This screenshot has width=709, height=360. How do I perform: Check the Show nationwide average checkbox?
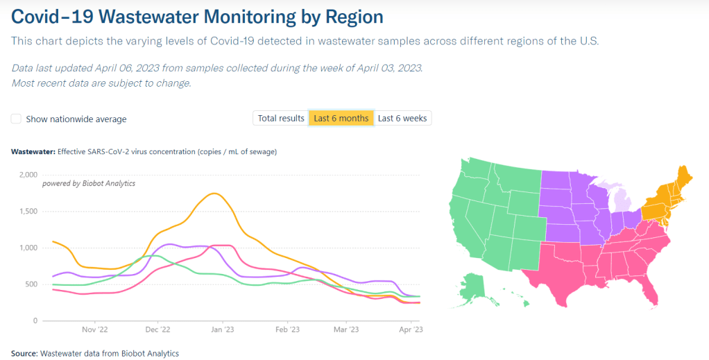(16, 119)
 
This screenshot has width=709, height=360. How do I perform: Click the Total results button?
(281, 119)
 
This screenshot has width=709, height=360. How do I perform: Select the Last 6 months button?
(341, 119)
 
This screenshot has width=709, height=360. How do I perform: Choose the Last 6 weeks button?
(402, 119)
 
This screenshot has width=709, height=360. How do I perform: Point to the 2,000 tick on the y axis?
(27, 175)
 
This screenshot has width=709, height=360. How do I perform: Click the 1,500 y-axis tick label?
(27, 212)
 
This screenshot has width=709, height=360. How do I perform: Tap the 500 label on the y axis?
(31, 284)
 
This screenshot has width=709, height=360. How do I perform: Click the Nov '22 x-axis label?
(94, 330)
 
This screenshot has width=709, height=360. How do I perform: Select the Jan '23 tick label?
(222, 330)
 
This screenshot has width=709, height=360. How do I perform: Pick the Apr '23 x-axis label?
(411, 330)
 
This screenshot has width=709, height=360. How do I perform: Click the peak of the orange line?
(215, 194)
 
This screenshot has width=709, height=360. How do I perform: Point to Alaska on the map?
(472, 286)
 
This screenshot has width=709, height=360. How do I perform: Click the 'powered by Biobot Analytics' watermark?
(89, 184)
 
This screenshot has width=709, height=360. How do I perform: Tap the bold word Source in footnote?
(24, 354)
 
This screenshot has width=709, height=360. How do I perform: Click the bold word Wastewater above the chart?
(33, 151)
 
